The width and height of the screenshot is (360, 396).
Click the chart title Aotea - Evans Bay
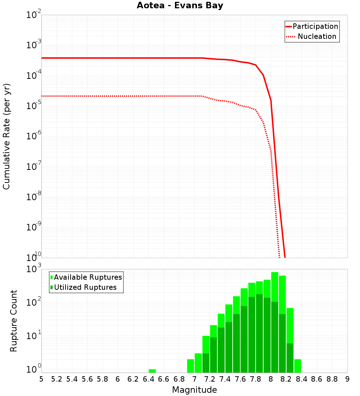180,6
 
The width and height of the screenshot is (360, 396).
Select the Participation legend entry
315,27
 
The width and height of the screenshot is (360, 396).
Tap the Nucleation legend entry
317,37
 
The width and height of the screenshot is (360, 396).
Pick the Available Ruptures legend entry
88,278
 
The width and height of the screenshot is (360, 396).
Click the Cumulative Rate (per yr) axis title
6,136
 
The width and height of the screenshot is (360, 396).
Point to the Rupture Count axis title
14,321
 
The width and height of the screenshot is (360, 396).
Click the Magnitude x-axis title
194,390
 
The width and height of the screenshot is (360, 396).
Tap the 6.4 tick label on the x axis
148,379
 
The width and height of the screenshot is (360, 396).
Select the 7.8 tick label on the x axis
256,379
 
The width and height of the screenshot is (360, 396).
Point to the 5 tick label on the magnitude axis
41,379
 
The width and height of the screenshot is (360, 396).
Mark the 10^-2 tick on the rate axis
34,15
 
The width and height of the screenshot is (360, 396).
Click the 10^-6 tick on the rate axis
34,136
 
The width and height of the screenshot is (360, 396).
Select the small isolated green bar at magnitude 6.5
152,371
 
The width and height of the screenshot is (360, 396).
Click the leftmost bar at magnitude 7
190,366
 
